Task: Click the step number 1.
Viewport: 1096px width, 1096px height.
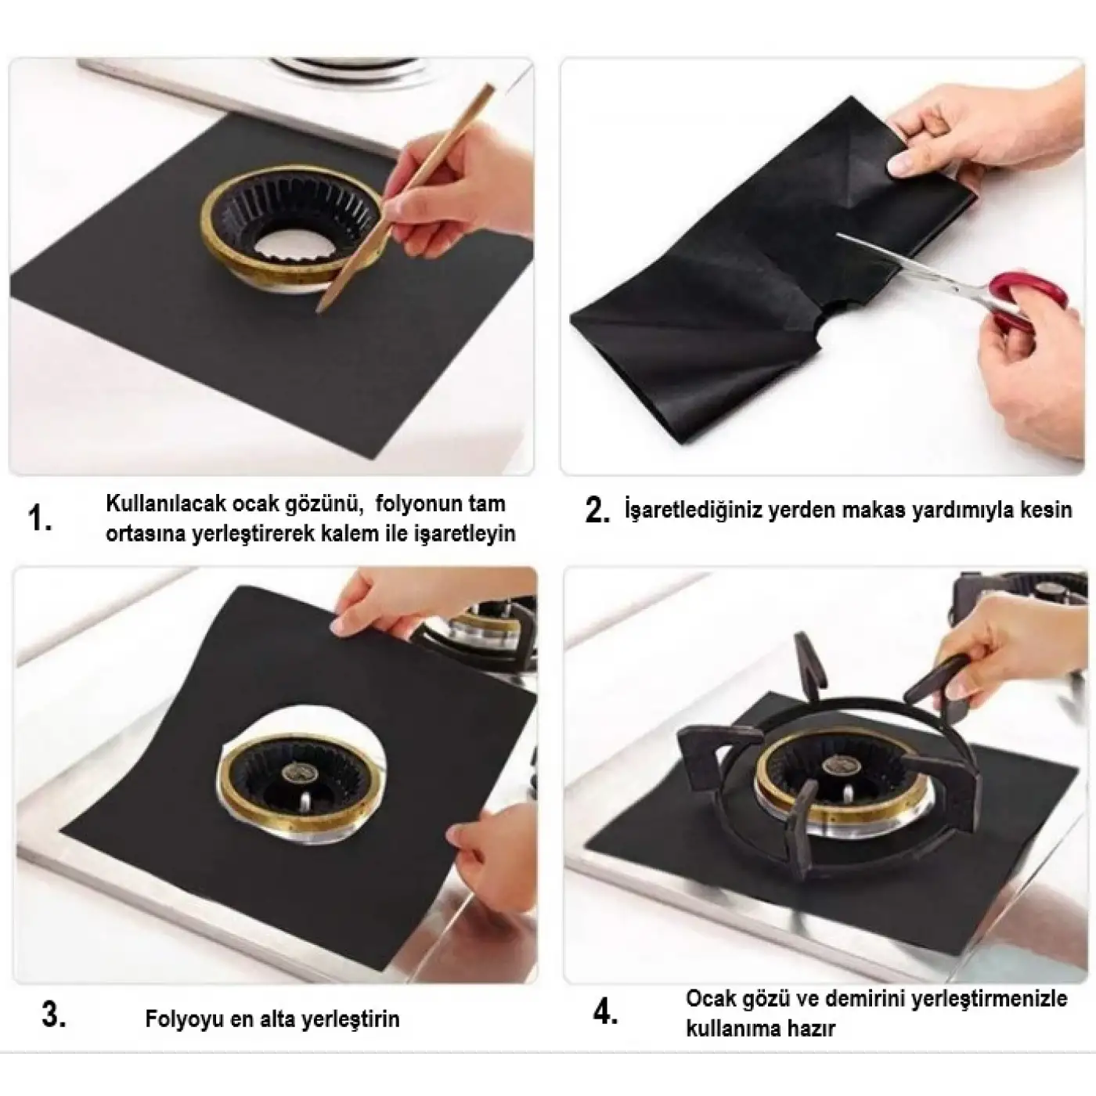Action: point(40,519)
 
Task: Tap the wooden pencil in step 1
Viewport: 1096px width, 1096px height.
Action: point(406,196)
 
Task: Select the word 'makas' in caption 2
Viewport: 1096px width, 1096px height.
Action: point(873,510)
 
